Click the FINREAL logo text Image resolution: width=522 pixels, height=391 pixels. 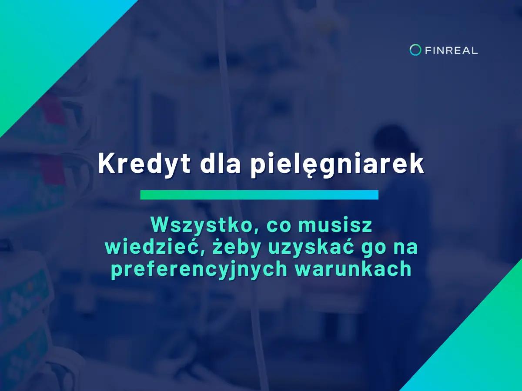(451, 50)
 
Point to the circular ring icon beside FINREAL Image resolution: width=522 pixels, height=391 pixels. (415, 50)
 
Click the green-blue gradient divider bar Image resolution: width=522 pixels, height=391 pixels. (259, 195)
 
